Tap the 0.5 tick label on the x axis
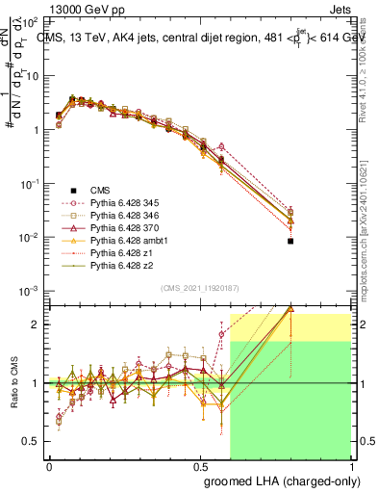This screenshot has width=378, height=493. [200, 463]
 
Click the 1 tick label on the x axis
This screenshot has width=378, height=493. [351, 463]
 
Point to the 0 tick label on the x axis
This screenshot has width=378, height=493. [49, 463]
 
